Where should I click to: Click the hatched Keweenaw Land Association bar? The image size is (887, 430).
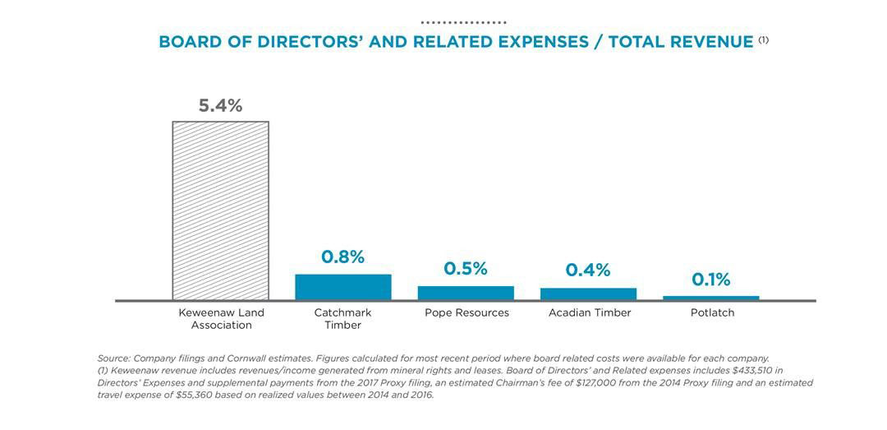[220, 210]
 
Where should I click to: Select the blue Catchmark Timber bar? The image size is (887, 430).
[343, 287]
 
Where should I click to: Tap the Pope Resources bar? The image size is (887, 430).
[466, 293]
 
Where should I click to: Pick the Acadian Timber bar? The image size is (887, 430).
[588, 294]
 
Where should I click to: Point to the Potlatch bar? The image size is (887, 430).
[711, 298]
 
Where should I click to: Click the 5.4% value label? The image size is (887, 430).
[220, 106]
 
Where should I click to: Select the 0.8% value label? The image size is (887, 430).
[342, 257]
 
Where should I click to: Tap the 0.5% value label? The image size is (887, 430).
[466, 269]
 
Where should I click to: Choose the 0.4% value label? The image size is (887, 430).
[588, 270]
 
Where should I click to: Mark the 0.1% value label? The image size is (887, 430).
[711, 280]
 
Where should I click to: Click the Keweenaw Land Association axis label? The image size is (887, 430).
[221, 319]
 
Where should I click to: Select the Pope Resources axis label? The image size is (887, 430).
[466, 313]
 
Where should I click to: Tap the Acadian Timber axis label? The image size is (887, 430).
[590, 313]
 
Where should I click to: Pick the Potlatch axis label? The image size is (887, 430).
[711, 313]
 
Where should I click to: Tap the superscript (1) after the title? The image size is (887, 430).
[763, 39]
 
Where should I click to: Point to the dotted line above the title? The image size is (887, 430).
[463, 22]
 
